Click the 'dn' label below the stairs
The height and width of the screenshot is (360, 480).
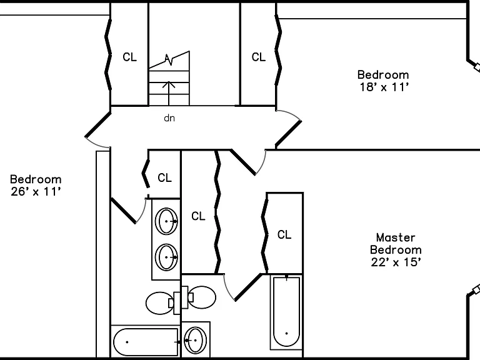169,118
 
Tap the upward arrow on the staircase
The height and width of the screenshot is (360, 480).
169,93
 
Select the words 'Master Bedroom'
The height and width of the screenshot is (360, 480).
396,244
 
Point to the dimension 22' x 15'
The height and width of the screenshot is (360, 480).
396,262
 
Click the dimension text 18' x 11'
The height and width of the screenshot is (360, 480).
384,87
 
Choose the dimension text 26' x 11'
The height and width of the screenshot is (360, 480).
36,192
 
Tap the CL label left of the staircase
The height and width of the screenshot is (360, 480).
129,57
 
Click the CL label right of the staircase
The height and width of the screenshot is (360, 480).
259,57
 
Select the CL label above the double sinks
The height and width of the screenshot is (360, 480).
165,177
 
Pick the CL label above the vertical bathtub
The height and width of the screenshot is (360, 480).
284,235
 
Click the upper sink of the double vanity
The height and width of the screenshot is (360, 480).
166,221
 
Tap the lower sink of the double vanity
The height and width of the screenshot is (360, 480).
166,257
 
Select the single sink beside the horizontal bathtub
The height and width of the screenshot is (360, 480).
195,340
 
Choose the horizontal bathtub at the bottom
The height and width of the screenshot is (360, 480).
146,342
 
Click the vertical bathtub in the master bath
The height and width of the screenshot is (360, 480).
286,312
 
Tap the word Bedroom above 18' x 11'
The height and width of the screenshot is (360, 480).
383,75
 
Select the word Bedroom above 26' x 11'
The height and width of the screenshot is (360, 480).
36,179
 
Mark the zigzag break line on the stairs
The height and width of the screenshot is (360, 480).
169,60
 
